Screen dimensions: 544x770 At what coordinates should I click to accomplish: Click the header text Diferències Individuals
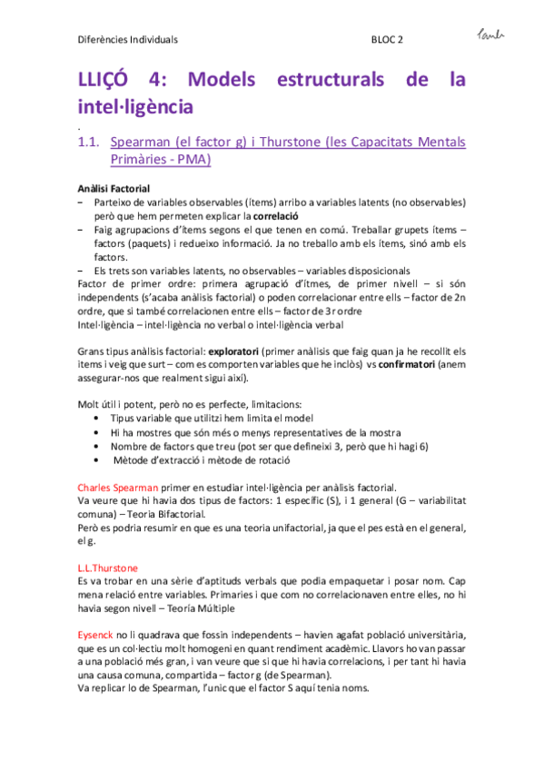tap(127, 40)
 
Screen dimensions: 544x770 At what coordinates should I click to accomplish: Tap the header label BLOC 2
tap(387, 40)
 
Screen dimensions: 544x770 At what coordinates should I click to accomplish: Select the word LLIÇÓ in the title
tap(107, 80)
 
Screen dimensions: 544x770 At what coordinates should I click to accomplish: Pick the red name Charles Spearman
tap(118, 487)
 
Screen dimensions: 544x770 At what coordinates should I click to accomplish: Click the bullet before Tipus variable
tap(97, 419)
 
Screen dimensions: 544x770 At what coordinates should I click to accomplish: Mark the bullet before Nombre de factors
tap(97, 446)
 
